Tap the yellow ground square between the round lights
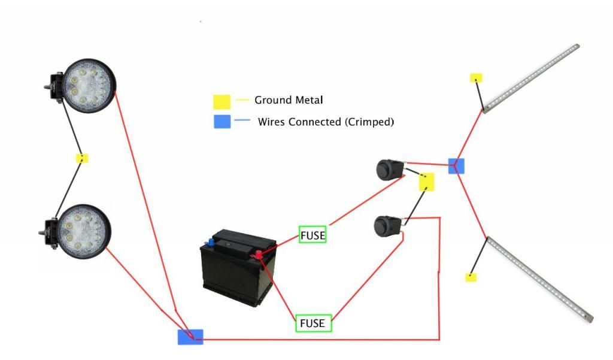(x=83, y=159)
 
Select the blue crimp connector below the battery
(x=190, y=337)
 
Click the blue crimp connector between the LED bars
(x=456, y=166)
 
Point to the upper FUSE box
(x=312, y=235)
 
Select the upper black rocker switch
(x=388, y=170)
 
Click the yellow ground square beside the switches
(x=426, y=182)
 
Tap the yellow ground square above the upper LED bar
(x=476, y=78)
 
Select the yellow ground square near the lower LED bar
(x=471, y=277)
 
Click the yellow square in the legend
(x=222, y=101)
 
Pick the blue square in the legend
(x=222, y=122)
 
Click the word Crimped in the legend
(x=369, y=122)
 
